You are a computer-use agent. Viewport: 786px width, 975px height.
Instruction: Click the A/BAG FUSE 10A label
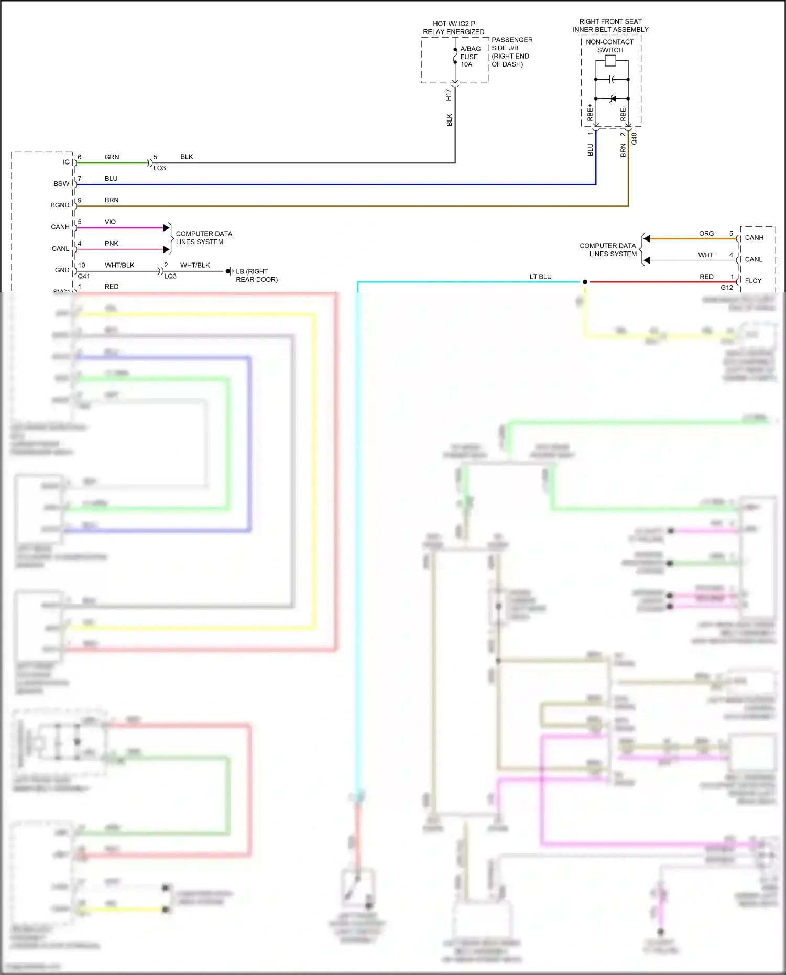click(470, 57)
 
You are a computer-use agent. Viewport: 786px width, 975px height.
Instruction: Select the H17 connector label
click(448, 95)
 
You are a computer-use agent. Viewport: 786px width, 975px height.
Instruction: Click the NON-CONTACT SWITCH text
click(609, 46)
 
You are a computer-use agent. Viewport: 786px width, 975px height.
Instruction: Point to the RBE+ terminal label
click(591, 113)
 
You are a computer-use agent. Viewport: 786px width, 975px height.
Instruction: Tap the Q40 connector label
click(634, 138)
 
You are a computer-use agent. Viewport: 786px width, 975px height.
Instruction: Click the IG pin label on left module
click(66, 162)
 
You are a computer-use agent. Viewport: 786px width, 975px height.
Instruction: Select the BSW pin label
click(61, 184)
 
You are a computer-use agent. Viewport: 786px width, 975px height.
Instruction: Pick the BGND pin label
click(60, 205)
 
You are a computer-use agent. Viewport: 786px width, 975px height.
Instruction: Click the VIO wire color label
click(110, 222)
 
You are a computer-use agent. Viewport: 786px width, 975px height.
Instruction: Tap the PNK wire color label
click(111, 244)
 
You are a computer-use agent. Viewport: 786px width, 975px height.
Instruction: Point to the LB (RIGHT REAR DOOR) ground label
click(256, 276)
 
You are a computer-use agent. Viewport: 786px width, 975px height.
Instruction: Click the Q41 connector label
click(84, 276)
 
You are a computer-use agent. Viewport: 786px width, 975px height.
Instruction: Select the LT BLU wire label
click(540, 277)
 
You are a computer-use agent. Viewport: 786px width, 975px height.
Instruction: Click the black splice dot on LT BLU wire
click(585, 282)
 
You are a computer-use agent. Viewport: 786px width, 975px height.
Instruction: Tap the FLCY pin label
click(753, 281)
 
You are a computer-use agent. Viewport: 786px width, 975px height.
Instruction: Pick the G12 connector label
click(726, 288)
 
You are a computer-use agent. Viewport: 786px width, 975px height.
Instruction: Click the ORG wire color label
click(706, 233)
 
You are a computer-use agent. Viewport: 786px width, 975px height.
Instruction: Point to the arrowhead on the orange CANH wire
click(647, 239)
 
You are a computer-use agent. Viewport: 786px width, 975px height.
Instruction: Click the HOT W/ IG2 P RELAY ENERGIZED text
click(453, 28)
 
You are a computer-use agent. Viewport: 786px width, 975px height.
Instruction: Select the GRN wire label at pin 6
click(112, 157)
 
